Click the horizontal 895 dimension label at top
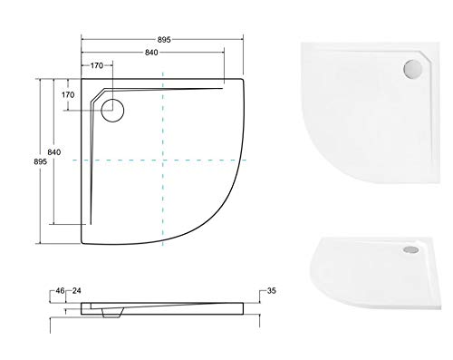(164, 40)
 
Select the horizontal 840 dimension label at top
(151, 53)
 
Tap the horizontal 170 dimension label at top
(97, 65)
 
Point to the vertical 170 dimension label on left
(68, 95)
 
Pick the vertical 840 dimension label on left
(54, 152)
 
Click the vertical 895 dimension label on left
(41, 161)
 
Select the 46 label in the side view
(60, 291)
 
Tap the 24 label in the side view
(77, 291)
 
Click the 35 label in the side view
(272, 291)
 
